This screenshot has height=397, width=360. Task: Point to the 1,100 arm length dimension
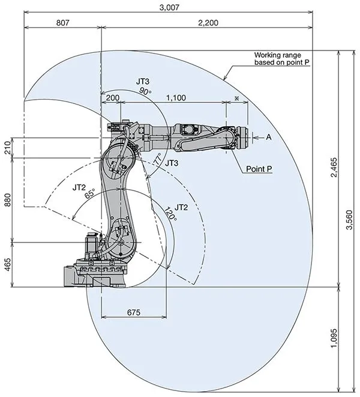[x=175, y=97]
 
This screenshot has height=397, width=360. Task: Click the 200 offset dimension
[x=112, y=97]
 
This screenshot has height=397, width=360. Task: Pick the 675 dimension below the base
[x=134, y=312]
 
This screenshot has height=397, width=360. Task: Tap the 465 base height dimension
[x=8, y=265]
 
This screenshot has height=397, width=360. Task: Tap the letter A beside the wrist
[x=269, y=137]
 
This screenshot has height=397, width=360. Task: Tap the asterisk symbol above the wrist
[x=237, y=97]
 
